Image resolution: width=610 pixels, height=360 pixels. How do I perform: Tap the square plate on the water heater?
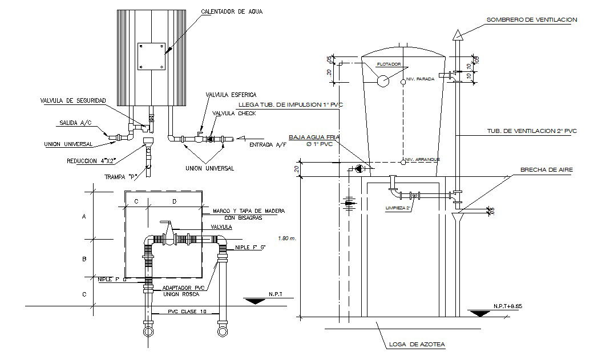tap(151, 56)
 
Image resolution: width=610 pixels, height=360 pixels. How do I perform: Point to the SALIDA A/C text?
tap(74, 123)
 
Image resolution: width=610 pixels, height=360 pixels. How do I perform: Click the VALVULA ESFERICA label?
tap(231, 94)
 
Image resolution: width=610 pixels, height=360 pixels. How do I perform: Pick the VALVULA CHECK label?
tap(234, 114)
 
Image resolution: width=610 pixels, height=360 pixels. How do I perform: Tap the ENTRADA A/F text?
tap(268, 145)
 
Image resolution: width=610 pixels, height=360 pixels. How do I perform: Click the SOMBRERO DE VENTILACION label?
tap(532, 19)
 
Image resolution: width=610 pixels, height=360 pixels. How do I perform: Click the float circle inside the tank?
tap(382, 81)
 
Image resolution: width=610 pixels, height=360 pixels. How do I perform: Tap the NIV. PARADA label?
tap(421, 79)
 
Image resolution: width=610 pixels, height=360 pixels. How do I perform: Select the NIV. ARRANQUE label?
tap(422, 159)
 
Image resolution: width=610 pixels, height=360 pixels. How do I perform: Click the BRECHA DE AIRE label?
tap(546, 170)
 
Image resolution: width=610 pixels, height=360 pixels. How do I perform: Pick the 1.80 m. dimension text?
tap(286, 238)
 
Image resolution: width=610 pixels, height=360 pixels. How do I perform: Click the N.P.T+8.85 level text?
tap(508, 306)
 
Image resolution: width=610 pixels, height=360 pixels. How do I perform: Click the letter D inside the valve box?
tap(174, 201)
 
